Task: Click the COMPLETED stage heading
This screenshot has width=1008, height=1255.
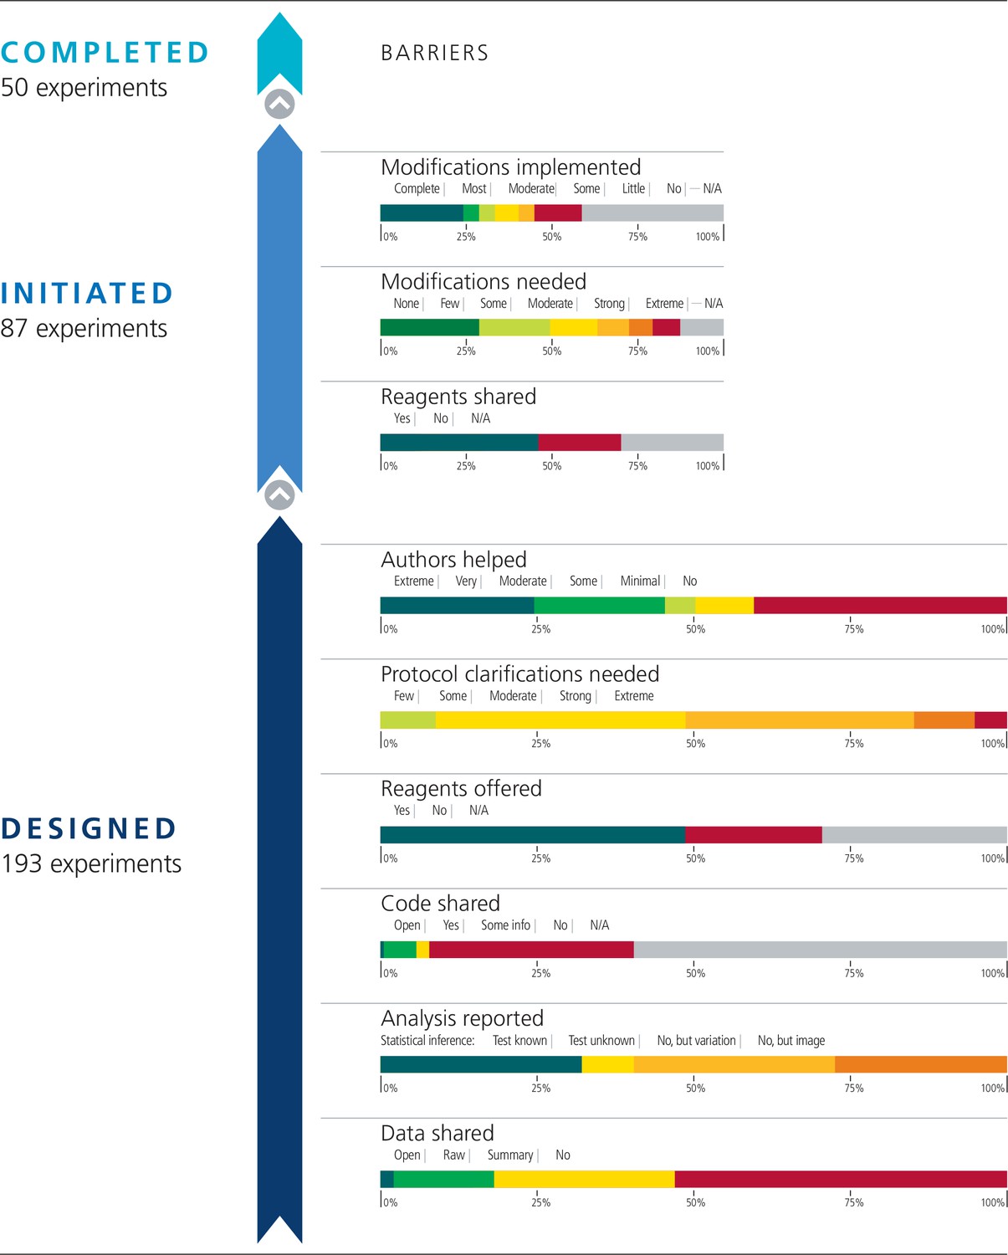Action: (x=105, y=53)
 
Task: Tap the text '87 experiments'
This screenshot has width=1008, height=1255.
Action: (x=84, y=329)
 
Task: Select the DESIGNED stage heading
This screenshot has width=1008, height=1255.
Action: (x=89, y=828)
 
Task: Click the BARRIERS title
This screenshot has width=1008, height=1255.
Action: (x=434, y=54)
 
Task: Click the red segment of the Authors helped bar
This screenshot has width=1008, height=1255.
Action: (x=879, y=606)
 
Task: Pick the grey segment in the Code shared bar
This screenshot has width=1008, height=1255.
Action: (x=820, y=950)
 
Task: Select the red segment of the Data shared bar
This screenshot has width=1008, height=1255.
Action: (x=840, y=1179)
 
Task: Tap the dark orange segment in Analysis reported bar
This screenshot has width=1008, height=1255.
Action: (x=920, y=1064)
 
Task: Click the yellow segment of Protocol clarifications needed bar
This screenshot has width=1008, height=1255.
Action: (x=560, y=720)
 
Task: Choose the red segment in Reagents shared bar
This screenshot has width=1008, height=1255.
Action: (x=580, y=443)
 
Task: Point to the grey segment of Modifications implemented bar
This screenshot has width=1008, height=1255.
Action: (x=652, y=213)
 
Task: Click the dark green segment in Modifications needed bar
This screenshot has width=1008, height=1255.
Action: (x=429, y=327)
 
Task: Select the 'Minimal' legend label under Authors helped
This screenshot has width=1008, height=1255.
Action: (x=640, y=581)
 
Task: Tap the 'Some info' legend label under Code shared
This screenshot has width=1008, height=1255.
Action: (x=505, y=925)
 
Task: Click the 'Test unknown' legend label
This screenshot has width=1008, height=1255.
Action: (x=601, y=1041)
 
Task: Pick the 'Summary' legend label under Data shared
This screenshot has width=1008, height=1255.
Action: (x=509, y=1155)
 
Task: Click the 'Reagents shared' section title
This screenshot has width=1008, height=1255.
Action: (x=458, y=397)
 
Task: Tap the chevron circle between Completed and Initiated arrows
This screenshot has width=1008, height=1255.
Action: (x=279, y=105)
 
